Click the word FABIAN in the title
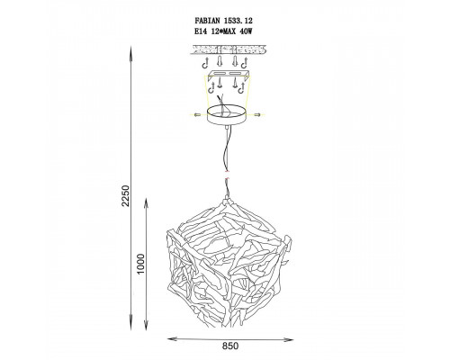(208, 21)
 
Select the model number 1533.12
(238, 21)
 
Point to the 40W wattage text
(246, 31)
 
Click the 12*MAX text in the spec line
(223, 31)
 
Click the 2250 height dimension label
(126, 196)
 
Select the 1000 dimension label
(140, 264)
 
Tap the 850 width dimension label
(230, 346)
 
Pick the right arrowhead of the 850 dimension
(289, 339)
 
